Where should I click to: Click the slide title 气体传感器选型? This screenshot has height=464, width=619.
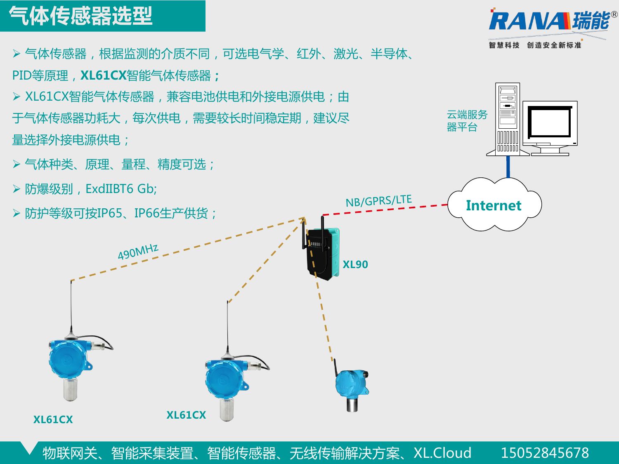(x=81, y=16)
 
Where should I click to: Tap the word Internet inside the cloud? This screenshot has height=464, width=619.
(x=493, y=205)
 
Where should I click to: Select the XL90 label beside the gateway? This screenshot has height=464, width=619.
(x=355, y=264)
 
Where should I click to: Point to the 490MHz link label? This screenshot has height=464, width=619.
(x=138, y=252)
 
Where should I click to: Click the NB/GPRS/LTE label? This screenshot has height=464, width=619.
(x=378, y=201)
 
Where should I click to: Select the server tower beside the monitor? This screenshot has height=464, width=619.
(x=508, y=120)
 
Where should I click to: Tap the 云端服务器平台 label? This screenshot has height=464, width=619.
(x=467, y=120)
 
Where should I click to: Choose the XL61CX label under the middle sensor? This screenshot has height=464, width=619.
(x=186, y=415)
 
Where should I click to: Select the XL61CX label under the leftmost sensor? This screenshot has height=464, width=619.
(x=53, y=419)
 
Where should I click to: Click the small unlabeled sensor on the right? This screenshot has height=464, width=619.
(x=351, y=386)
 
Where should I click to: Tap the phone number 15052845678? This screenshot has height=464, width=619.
(x=544, y=453)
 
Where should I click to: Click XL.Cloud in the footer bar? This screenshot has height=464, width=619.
(x=442, y=453)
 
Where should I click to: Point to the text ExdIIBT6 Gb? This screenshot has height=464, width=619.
(x=121, y=189)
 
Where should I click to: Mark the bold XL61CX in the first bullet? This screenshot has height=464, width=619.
(x=103, y=75)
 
